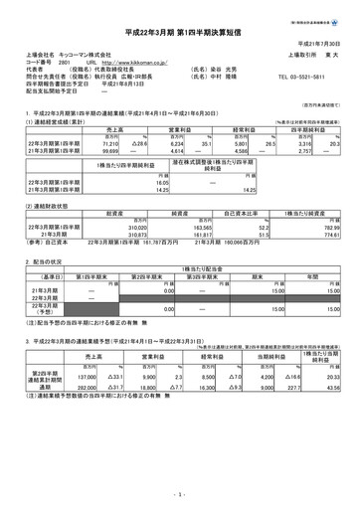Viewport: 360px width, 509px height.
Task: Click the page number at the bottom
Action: [x=180, y=493]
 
